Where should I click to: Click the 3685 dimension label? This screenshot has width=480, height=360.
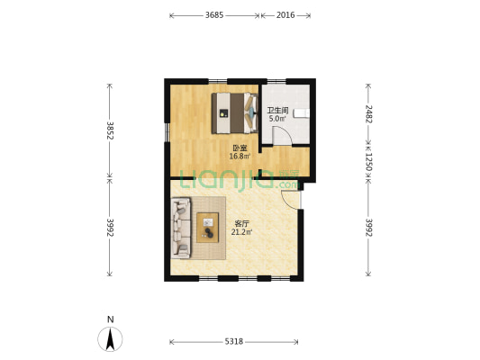tap(214, 15)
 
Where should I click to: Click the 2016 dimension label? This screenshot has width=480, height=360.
tap(285, 15)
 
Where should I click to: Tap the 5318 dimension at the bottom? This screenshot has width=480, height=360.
tap(234, 341)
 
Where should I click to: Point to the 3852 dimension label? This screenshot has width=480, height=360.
tap(110, 130)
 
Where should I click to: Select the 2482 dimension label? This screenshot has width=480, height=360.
tap(368, 113)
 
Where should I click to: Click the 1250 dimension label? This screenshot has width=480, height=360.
tap(368, 162)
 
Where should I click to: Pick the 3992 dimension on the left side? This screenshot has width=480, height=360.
tap(110, 228)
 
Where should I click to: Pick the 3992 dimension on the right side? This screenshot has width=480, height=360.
tap(368, 228)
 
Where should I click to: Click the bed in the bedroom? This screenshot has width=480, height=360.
tap(235, 113)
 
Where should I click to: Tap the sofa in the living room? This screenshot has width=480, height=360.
tap(181, 228)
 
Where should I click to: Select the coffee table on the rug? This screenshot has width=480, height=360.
tap(207, 228)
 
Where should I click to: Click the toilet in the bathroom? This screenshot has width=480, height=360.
tap(302, 113)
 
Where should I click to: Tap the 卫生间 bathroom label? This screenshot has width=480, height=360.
tap(277, 110)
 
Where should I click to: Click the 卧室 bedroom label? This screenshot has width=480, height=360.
tap(240, 148)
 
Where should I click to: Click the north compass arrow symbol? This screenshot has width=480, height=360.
tap(110, 339)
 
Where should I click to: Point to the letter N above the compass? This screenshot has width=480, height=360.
tap(111, 319)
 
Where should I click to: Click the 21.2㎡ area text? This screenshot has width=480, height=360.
tap(241, 232)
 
